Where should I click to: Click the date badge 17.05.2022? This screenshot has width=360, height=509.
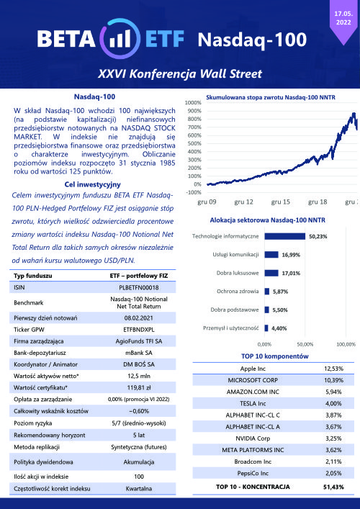click(343, 19)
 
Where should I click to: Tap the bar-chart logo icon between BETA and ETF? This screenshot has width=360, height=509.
click(120, 39)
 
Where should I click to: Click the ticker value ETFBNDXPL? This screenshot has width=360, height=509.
click(139, 330)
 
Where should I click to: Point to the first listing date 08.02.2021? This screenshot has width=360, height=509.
click(139, 317)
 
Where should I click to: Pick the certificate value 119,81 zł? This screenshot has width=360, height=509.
click(139, 387)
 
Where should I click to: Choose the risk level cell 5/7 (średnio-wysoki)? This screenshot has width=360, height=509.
click(139, 423)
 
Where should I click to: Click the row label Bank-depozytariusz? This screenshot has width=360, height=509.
click(40, 353)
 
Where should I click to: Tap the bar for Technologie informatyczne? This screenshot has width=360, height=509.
click(285, 236)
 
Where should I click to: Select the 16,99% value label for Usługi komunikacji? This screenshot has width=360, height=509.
click(291, 255)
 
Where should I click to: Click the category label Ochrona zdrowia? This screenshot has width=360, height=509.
click(238, 291)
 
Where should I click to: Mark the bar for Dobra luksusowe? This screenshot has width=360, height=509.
click(271, 273)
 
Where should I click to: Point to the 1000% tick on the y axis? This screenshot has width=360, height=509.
click(193, 103)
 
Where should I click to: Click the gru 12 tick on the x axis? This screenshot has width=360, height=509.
click(243, 202)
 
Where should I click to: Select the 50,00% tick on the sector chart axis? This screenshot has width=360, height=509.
click(305, 344)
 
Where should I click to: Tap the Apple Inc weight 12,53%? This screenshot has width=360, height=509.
click(333, 369)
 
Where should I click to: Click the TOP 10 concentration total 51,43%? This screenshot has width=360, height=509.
click(333, 487)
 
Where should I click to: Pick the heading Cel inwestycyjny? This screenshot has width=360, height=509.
click(92, 184)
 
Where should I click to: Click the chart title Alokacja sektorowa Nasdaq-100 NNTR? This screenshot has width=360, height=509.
click(268, 220)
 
